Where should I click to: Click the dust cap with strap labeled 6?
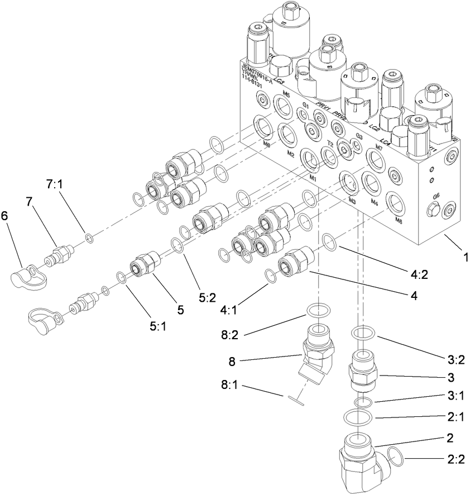point(28,274)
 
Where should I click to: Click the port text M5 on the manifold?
point(286,94)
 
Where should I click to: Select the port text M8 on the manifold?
point(398,220)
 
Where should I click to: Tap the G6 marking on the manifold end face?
point(437,196)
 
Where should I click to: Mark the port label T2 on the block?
point(330,144)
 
